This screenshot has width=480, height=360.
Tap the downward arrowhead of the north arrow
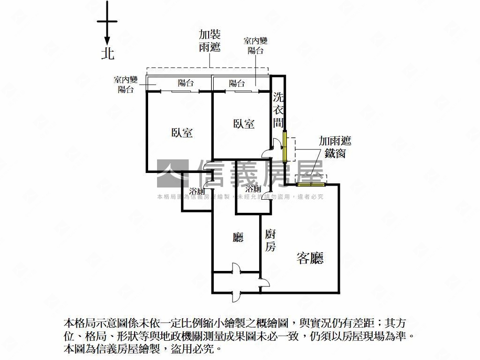[x=107, y=41]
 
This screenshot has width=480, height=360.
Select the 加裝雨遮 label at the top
[x=210, y=41]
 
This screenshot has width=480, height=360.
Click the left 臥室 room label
[x=182, y=133]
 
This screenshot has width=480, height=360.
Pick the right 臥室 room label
[x=244, y=124]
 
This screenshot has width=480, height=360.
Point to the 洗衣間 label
[x=278, y=110]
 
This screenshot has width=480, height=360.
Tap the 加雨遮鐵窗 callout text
[x=335, y=147]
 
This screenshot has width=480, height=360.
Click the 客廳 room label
[x=310, y=258]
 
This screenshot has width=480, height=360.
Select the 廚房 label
[x=270, y=240]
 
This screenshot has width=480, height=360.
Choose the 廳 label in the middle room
[x=238, y=238]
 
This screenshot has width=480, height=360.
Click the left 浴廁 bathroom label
[x=197, y=191]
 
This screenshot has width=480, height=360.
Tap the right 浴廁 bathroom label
[x=253, y=188]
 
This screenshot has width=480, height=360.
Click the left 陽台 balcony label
[x=186, y=83]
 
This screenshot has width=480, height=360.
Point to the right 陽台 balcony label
[x=237, y=83]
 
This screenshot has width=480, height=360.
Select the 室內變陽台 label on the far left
[x=126, y=84]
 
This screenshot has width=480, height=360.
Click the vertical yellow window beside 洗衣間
[x=285, y=146]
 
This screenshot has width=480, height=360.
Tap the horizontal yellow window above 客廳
[x=310, y=184]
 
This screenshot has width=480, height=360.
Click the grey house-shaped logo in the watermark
[x=172, y=173]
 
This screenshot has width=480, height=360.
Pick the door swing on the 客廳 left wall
[x=264, y=282]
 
